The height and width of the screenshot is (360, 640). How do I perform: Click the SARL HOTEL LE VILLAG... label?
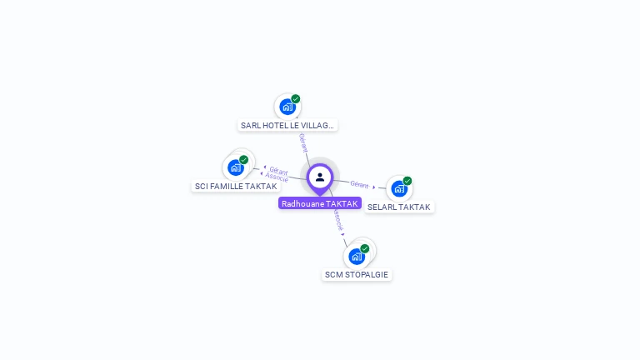(x=287, y=126)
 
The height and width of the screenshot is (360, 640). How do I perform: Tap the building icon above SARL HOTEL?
(x=287, y=107)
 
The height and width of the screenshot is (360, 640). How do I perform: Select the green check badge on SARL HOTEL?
(x=296, y=99)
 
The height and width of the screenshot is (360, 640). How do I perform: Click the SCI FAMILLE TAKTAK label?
(x=236, y=186)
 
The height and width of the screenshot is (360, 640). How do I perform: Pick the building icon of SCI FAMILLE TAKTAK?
(x=235, y=167)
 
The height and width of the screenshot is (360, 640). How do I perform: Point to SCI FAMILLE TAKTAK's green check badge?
(x=243, y=159)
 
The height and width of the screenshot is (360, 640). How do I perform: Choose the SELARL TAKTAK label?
(x=399, y=207)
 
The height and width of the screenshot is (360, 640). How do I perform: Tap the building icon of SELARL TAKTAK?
(x=398, y=188)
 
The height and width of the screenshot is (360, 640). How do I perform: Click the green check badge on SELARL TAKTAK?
(x=407, y=181)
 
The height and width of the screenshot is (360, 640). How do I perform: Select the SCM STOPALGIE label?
(x=357, y=274)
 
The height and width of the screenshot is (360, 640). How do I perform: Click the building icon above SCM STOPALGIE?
(x=357, y=256)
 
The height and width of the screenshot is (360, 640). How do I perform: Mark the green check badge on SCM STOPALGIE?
(x=365, y=248)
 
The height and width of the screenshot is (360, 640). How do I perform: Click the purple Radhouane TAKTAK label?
(x=320, y=203)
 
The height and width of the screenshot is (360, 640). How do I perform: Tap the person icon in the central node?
(x=320, y=177)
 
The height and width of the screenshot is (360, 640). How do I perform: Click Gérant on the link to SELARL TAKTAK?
(x=359, y=184)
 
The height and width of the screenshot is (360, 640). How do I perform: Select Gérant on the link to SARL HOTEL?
(x=302, y=142)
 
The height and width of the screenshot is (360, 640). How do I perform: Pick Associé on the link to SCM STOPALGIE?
(x=337, y=219)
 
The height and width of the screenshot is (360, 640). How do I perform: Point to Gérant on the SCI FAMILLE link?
(x=278, y=171)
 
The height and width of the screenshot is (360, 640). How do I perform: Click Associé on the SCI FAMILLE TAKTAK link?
(x=277, y=177)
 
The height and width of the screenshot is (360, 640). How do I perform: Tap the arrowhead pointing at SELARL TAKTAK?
(x=374, y=187)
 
